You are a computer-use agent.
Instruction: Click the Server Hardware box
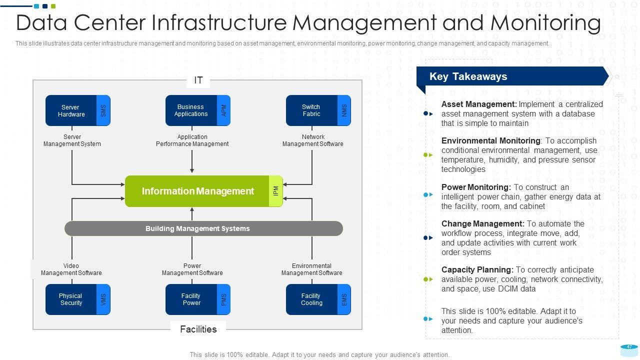point(71,110)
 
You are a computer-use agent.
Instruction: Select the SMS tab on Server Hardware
point(103,110)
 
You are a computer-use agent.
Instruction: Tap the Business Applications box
point(191,110)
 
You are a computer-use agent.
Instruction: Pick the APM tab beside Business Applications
point(223,110)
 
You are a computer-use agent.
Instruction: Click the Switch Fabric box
point(311,110)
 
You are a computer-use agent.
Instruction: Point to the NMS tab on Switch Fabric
point(344,110)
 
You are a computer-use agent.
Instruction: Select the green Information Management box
point(197,191)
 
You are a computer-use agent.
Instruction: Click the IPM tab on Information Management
point(275,191)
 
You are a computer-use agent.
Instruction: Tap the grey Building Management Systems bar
point(203,228)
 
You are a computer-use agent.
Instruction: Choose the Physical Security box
point(71,299)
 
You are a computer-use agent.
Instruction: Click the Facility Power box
point(191,299)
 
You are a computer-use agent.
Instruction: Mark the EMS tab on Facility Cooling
point(344,299)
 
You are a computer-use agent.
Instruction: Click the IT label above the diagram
point(198,80)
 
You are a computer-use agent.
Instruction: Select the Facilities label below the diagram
point(198,329)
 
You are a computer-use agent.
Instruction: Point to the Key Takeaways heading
point(468,76)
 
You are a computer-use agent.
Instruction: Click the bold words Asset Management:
point(479,104)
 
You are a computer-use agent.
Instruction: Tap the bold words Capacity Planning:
point(477,270)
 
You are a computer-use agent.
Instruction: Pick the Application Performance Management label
point(192,140)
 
